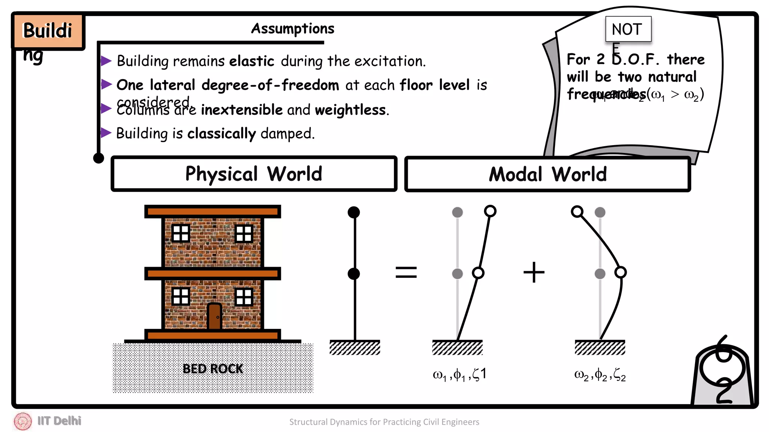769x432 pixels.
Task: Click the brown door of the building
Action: coord(214,316)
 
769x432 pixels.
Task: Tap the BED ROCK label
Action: coord(213,369)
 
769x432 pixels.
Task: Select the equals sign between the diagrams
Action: coord(406,272)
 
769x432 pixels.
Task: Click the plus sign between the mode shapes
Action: coord(534,272)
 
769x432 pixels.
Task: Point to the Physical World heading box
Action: coord(254,174)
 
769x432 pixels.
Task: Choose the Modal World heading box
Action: coord(547,174)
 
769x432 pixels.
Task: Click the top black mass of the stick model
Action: coord(354,212)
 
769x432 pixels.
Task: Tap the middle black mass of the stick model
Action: coord(354,274)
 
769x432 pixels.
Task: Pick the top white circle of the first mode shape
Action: coord(490,211)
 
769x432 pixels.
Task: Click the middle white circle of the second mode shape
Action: coord(620,272)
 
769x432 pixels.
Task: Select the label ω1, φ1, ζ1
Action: coord(459,374)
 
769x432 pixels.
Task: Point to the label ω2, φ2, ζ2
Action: coord(600,374)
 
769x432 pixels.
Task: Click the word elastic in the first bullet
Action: coord(252,61)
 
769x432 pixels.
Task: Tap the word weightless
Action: coord(350,110)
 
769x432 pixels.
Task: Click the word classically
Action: coord(221,133)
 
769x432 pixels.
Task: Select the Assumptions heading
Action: coord(293,29)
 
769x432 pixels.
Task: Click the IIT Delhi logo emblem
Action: coord(23,421)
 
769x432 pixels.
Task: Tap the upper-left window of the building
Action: coord(181,233)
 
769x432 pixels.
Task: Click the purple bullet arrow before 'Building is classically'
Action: coord(106,133)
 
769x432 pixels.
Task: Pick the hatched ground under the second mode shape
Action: coord(600,348)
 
